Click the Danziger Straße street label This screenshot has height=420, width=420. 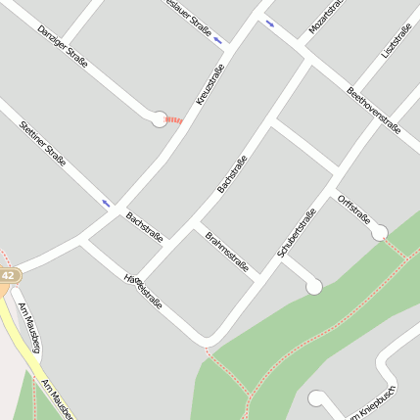(63, 46)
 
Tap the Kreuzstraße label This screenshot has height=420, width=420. (210, 84)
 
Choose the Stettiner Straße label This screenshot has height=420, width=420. (43, 144)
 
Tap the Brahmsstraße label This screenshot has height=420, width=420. (227, 252)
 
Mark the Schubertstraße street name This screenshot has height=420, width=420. (297, 233)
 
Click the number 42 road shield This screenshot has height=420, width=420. (8, 276)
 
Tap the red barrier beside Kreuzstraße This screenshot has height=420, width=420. (174, 119)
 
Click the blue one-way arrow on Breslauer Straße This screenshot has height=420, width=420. (217, 40)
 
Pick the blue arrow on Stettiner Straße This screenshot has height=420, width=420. (106, 204)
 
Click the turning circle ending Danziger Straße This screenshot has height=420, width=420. (159, 119)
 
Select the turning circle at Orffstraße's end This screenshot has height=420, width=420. (379, 232)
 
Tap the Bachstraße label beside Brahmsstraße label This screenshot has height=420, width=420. (144, 226)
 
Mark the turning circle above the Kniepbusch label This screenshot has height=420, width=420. (316, 398)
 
